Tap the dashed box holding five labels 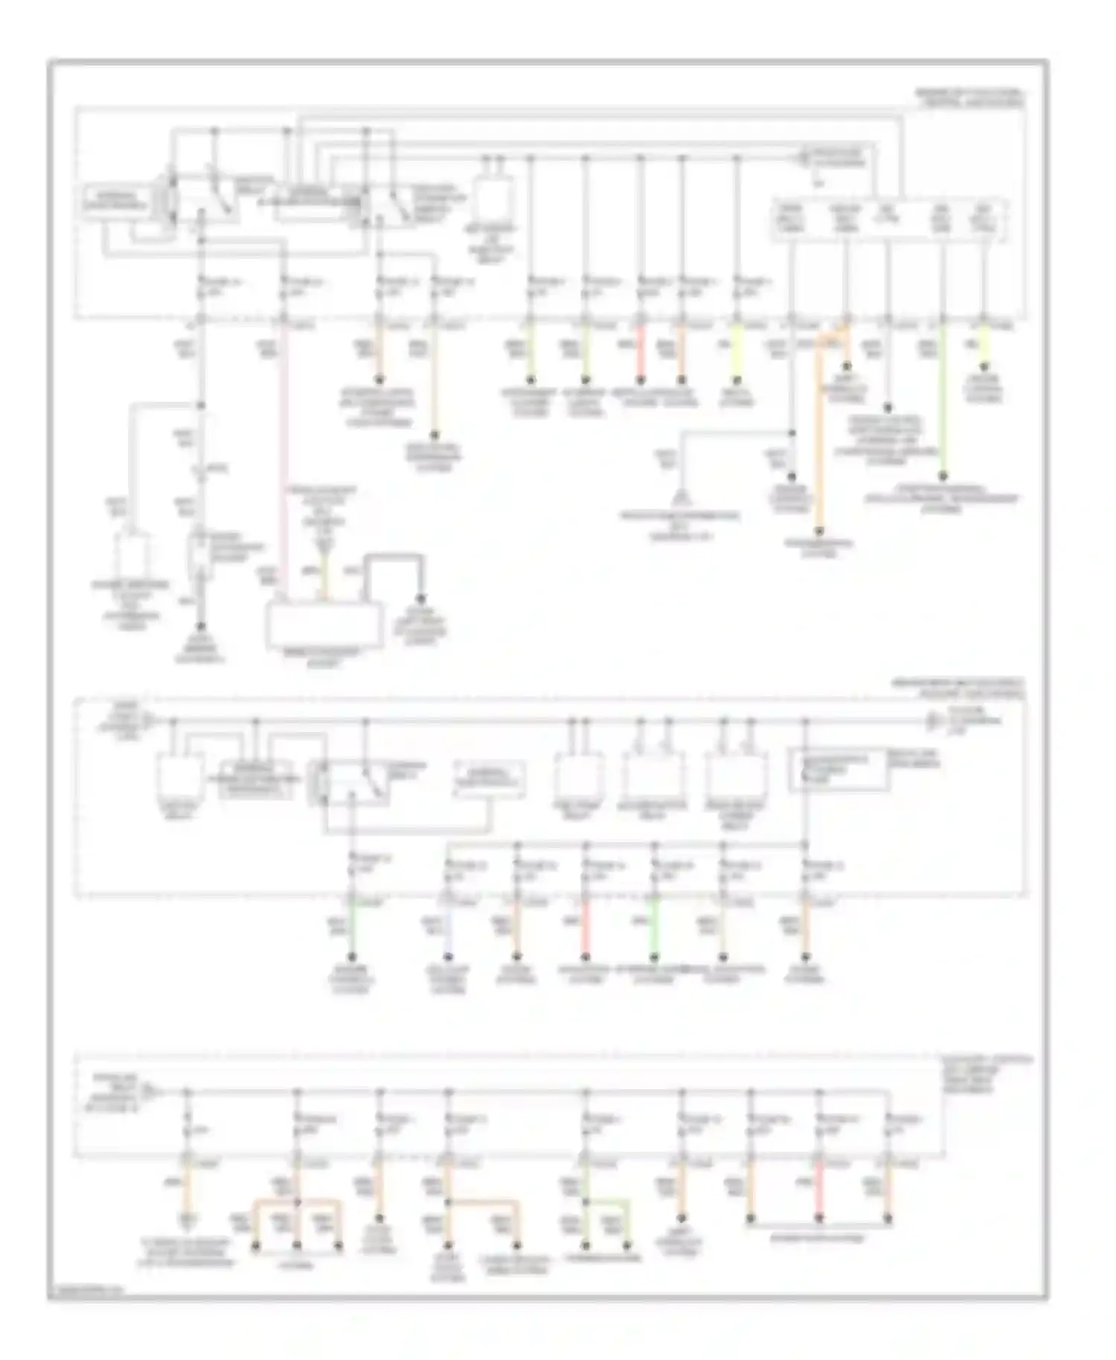coord(890,219)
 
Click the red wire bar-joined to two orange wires coord(819,1190)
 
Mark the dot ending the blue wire coord(448,957)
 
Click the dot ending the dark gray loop coord(421,600)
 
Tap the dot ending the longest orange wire coord(820,531)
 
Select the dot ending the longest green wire coord(943,475)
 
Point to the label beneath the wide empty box coord(324,656)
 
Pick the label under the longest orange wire coord(820,549)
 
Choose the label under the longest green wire coord(943,503)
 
